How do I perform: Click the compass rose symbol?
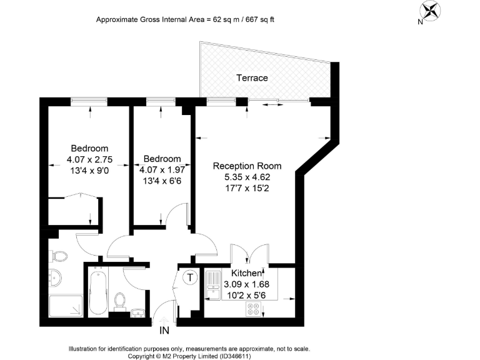(430, 10)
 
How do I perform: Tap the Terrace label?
(252, 78)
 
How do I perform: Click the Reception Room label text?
(247, 166)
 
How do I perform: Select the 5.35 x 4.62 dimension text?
(247, 177)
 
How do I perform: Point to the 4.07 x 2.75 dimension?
(89, 159)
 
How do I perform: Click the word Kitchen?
(246, 274)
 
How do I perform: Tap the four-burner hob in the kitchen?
(254, 309)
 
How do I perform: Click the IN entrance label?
(164, 330)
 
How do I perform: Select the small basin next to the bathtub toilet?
(139, 309)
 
